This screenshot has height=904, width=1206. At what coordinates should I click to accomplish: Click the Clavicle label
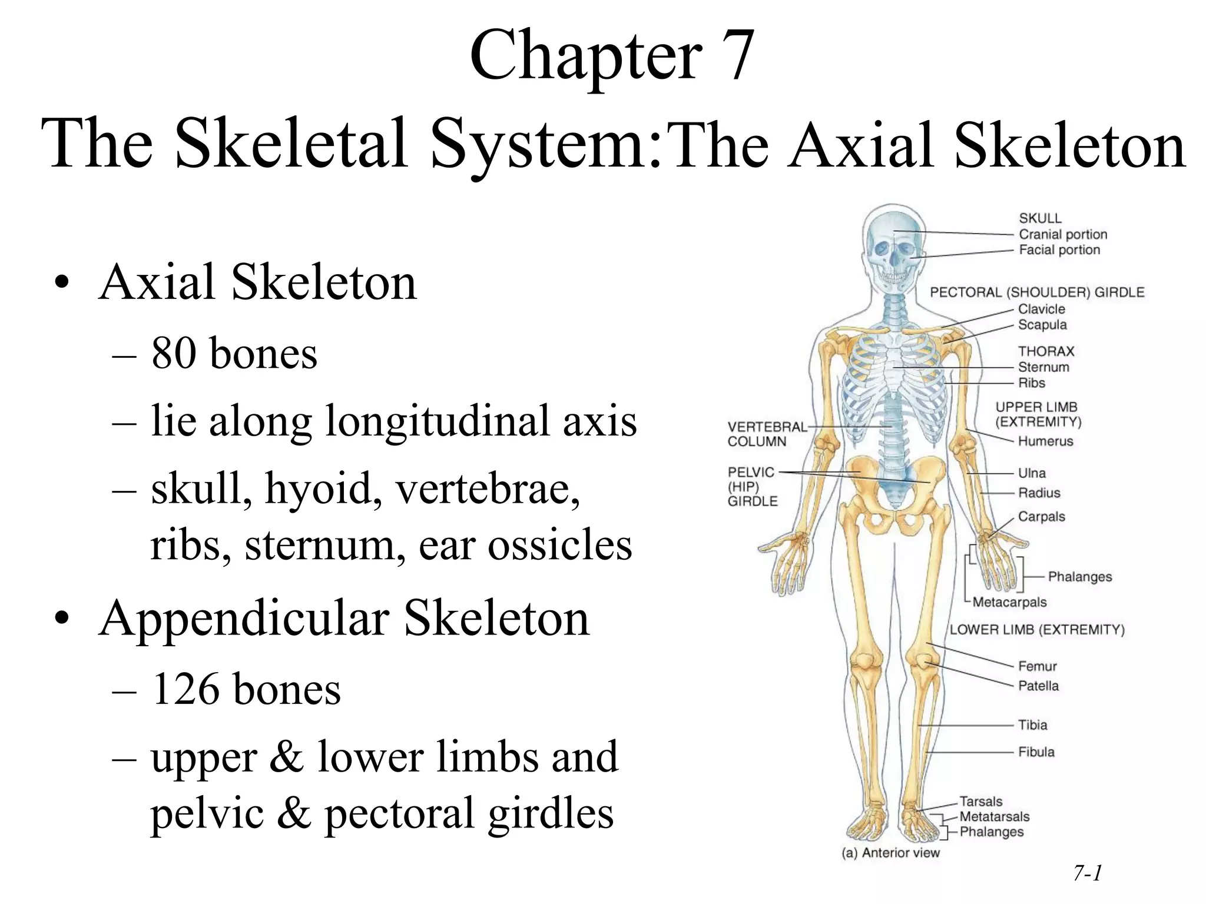(1041, 309)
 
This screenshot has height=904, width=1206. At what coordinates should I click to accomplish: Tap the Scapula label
(1042, 325)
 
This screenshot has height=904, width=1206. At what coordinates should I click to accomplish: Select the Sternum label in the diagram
(1043, 367)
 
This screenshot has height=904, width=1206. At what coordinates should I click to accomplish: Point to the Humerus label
(1045, 441)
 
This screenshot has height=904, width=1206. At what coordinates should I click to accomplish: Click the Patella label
(1038, 686)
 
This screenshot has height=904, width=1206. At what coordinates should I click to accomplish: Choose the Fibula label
(1036, 752)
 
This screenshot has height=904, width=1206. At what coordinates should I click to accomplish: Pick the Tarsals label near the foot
(980, 801)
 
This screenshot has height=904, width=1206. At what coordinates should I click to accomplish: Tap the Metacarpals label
(1009, 602)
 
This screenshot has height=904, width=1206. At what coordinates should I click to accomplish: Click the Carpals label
(1041, 517)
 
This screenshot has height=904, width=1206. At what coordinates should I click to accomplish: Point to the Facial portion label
(1059, 250)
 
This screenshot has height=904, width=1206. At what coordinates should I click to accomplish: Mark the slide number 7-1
(1087, 873)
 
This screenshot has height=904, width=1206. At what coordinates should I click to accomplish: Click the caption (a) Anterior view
(890, 853)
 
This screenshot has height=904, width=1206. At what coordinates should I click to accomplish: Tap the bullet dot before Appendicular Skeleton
(62, 619)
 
